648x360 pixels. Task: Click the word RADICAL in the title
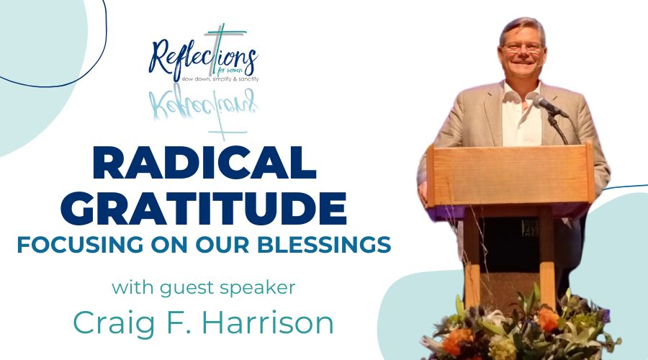coord(205,163)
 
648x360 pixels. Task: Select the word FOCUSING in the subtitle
coord(80,244)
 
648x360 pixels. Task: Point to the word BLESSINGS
coord(324,244)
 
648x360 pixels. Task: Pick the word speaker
coord(258,288)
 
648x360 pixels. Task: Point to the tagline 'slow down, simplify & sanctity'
coord(220,79)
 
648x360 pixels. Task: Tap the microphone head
coord(541,100)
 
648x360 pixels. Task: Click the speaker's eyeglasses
coord(523,47)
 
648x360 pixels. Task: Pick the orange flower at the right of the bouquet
coord(549,319)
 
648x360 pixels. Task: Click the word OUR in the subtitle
coord(222,244)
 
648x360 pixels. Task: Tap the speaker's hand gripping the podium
coord(423,193)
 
